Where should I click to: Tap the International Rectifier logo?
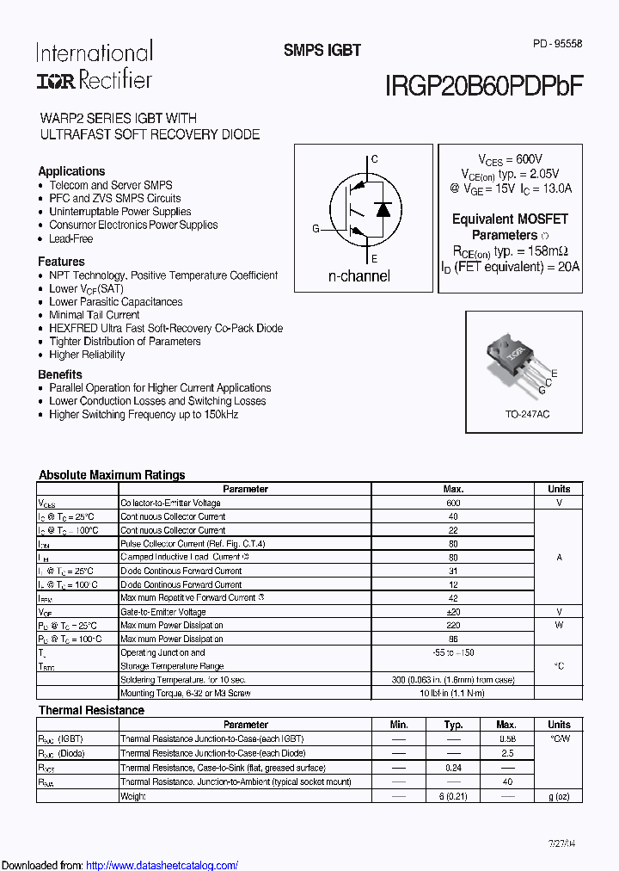[x=94, y=65]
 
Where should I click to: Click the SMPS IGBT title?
[x=322, y=50]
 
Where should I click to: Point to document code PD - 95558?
[x=557, y=43]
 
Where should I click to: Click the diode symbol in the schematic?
[x=383, y=208]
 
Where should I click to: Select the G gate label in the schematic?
[x=316, y=228]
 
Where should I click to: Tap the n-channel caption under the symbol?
[x=359, y=275]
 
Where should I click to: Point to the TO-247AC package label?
[x=527, y=414]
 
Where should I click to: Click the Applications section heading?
[x=71, y=171]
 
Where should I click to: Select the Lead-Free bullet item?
[x=70, y=238]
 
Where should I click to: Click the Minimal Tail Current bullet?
[x=95, y=315]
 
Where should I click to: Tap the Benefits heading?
[x=60, y=374]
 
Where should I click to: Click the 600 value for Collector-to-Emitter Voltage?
[x=453, y=503]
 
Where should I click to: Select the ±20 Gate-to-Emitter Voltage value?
[x=453, y=612]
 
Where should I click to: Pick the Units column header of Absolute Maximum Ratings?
[x=559, y=489]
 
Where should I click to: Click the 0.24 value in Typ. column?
[x=453, y=768]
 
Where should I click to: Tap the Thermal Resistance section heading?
[x=91, y=710]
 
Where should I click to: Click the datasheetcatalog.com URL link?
[x=162, y=865]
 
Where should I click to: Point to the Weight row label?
[x=132, y=796]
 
